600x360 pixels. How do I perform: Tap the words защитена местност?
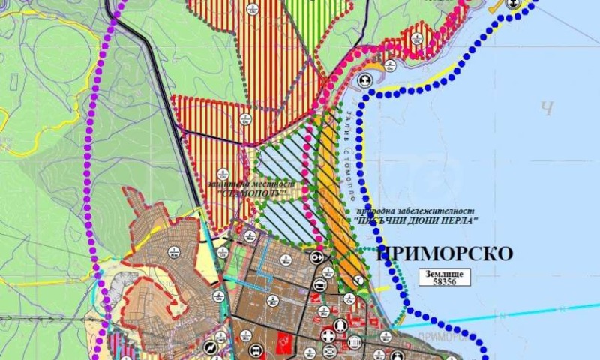coord(254,184)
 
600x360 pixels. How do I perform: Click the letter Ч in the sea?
coord(547,109)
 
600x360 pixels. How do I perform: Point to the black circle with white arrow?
coord(318,256)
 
